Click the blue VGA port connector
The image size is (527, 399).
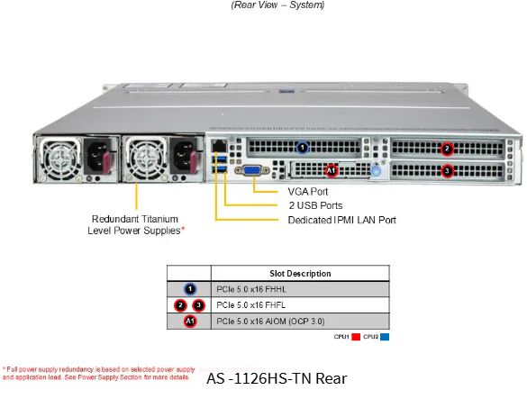point(252,170)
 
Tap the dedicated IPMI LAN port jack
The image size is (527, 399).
point(219,146)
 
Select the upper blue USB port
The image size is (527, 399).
point(220,159)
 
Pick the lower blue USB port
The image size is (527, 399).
point(220,169)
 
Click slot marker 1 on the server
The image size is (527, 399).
point(303,147)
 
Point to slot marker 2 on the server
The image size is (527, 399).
point(447,149)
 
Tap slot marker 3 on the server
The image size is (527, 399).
point(447,171)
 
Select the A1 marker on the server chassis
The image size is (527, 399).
point(331,170)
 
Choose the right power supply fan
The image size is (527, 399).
point(147,158)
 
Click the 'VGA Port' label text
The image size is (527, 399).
point(307,192)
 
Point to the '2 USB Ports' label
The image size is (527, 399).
point(315,205)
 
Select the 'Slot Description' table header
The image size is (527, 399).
point(300,274)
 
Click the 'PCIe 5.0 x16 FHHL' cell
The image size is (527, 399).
point(251,289)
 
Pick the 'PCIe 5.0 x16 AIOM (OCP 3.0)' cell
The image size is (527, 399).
point(270,322)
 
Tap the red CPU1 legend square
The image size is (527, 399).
point(356,337)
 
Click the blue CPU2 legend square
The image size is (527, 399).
point(385,337)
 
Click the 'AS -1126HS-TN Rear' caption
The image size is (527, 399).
point(277,378)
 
